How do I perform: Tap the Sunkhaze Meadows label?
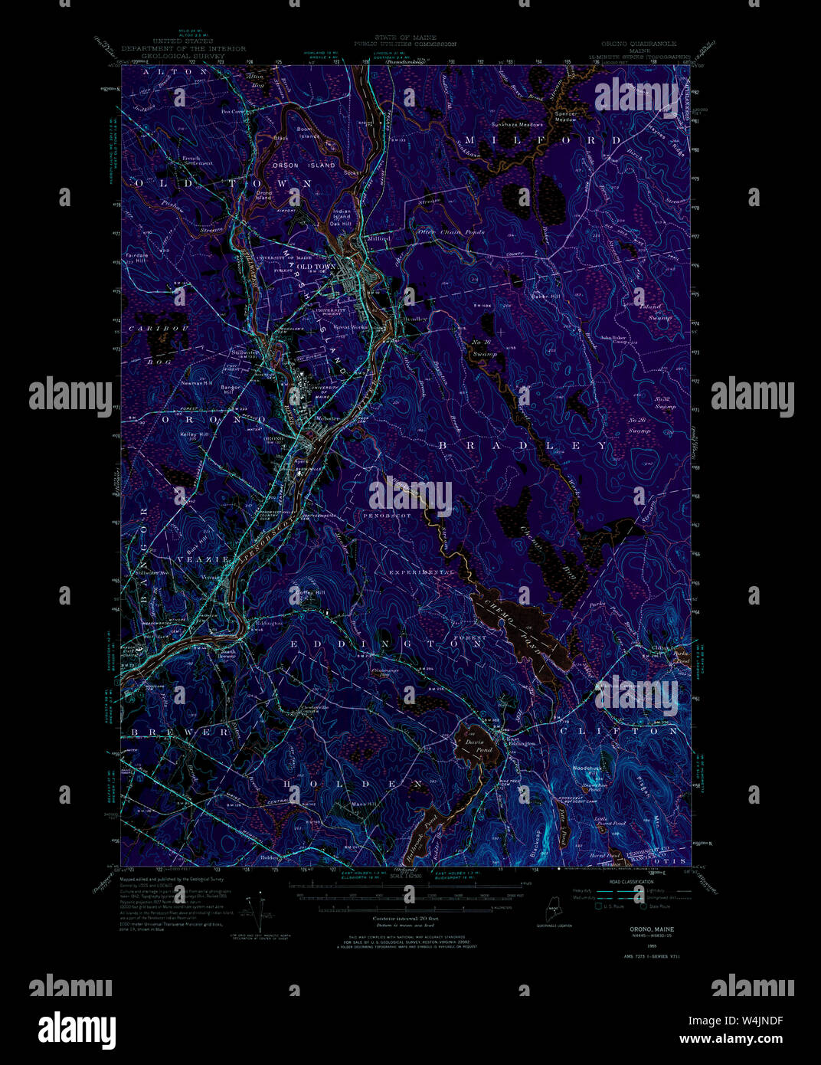coord(517,124)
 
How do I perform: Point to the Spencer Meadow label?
coord(565,117)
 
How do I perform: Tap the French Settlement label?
coord(198,161)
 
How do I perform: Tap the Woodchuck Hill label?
coord(588,768)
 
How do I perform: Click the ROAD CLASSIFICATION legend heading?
coord(631,883)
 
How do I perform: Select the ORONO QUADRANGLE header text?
coord(639,44)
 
